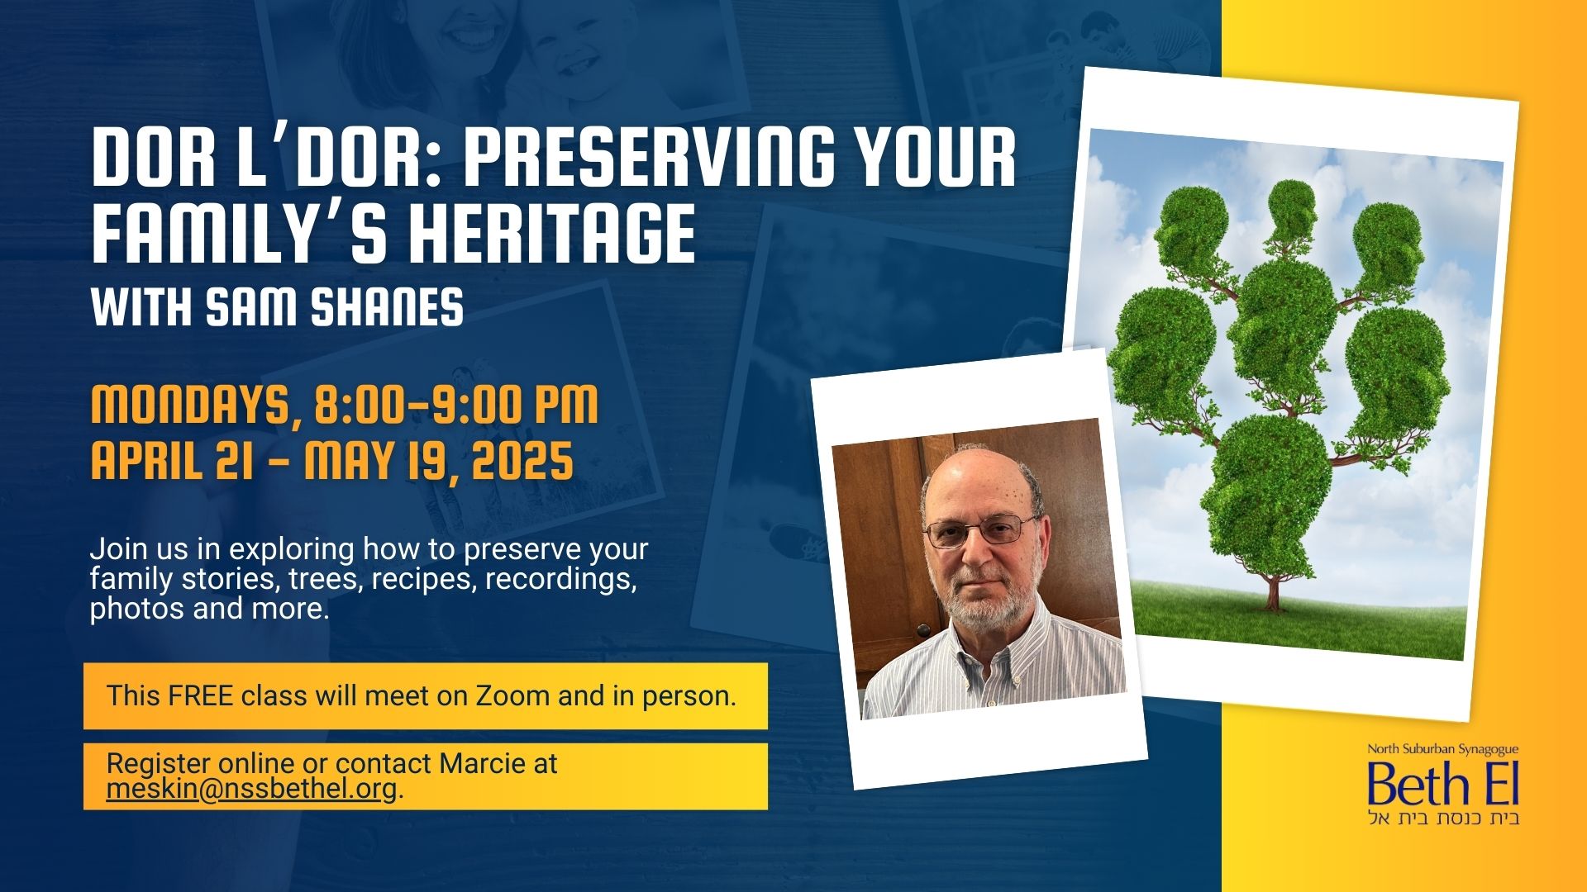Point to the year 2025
click(x=523, y=460)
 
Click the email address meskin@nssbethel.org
click(x=251, y=790)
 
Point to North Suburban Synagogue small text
click(x=1442, y=750)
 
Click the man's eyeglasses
click(x=980, y=529)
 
